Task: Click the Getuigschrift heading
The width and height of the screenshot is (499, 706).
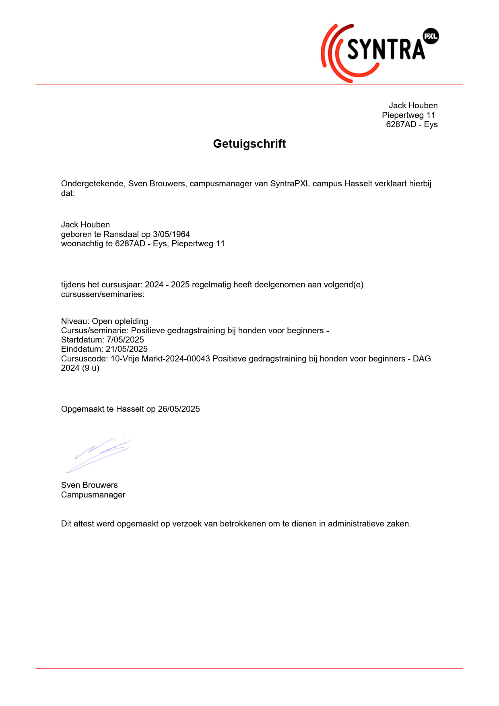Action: click(x=249, y=144)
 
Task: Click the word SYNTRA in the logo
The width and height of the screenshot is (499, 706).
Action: click(x=386, y=50)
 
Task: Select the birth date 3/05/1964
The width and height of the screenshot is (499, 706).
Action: click(x=171, y=234)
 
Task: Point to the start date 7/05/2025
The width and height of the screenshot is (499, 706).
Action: click(x=125, y=340)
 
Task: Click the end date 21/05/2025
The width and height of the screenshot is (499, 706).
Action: click(x=127, y=349)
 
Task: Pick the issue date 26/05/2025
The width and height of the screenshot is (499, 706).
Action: click(x=179, y=409)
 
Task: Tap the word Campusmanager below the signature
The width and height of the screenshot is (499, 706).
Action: click(x=93, y=495)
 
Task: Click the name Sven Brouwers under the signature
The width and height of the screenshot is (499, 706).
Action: click(x=89, y=485)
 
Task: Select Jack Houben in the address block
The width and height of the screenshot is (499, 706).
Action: click(x=413, y=105)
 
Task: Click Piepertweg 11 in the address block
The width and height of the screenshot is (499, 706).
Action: click(x=408, y=115)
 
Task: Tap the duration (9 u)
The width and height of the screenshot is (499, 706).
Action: click(x=91, y=368)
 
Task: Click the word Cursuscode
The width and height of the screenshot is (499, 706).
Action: click(x=84, y=359)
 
